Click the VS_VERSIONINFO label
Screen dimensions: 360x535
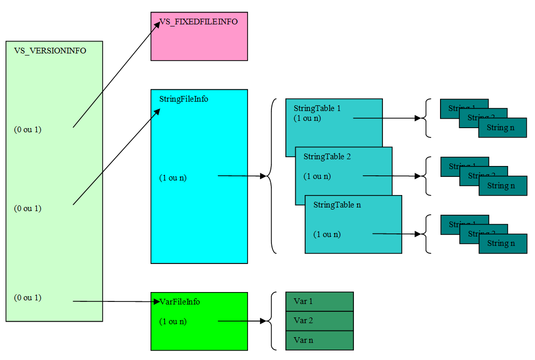click(x=50, y=51)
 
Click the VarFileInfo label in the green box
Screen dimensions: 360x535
click(x=180, y=302)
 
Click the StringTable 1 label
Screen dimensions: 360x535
click(x=317, y=108)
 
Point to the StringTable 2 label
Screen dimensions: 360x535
click(x=327, y=157)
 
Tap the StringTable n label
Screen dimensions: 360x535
click(x=337, y=205)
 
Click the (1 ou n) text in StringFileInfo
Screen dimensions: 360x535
click(x=173, y=178)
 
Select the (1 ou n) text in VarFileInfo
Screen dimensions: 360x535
click(x=173, y=322)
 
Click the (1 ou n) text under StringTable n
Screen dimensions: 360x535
click(x=327, y=234)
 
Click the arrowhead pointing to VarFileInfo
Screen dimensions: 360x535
click(x=157, y=301)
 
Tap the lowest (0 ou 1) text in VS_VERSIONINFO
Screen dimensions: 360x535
click(x=28, y=298)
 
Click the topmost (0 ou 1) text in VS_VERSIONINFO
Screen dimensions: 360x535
click(x=28, y=130)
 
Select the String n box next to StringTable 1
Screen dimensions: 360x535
click(x=502, y=128)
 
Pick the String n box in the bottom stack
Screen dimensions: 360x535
click(x=502, y=243)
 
